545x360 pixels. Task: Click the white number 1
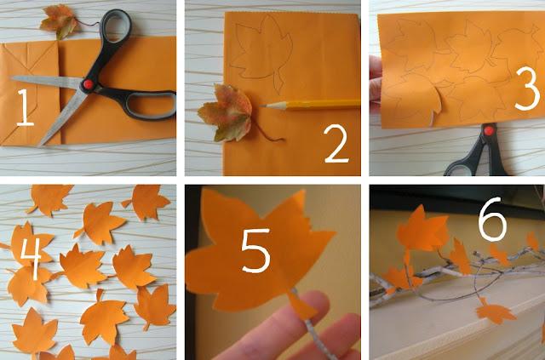tap(25, 107)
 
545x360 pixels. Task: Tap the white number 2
tap(336, 144)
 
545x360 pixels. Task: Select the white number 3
tap(527, 89)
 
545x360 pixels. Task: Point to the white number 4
tap(31, 259)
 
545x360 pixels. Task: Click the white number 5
tap(255, 250)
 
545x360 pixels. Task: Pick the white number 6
tap(492, 219)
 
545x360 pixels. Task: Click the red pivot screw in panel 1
tap(88, 84)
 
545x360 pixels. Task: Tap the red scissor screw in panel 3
tap(489, 131)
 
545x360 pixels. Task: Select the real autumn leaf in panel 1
tap(60, 21)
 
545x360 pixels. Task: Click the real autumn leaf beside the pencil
tap(226, 113)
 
